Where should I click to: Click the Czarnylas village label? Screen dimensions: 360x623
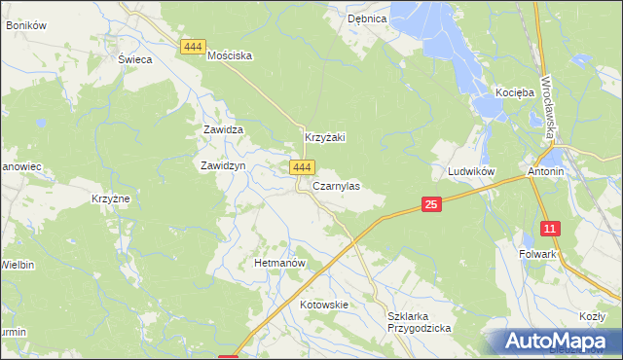(336, 186)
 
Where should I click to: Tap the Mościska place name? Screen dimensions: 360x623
(230, 55)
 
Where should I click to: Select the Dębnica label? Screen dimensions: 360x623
(368, 18)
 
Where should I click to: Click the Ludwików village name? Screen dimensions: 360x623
(471, 171)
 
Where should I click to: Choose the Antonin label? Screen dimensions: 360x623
(546, 171)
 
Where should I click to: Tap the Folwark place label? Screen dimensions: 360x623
(537, 254)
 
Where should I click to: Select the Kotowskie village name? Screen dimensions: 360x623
(324, 305)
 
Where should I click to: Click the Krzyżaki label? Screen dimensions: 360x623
(326, 138)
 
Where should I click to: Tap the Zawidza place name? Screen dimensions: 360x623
(222, 129)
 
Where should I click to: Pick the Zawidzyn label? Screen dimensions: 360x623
(222, 165)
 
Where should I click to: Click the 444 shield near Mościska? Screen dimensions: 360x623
(193, 46)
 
